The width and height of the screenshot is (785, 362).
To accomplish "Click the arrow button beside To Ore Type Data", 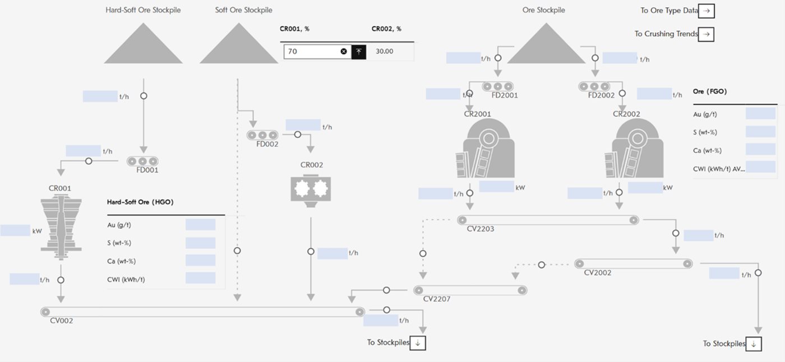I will (x=707, y=11).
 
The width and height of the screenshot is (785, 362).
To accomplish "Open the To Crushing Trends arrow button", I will (x=707, y=34).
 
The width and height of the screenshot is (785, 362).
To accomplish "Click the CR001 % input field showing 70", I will (x=311, y=52).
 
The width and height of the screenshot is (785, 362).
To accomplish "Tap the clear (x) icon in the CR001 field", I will (x=344, y=52).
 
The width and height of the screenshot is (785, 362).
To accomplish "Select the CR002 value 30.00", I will (x=384, y=52).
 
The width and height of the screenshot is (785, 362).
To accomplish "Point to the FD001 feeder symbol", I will (x=143, y=161).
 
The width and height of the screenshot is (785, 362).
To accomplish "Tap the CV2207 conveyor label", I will (x=437, y=299).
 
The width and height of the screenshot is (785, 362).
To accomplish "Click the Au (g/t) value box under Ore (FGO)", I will (x=760, y=114).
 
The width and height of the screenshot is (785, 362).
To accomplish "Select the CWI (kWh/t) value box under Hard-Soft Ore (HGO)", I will (x=200, y=279).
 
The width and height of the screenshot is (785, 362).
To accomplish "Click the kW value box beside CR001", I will (x=15, y=230).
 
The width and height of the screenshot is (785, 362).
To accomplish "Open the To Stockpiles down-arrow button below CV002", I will (x=418, y=343).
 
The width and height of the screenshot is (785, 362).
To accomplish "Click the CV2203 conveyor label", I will (x=481, y=229).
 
